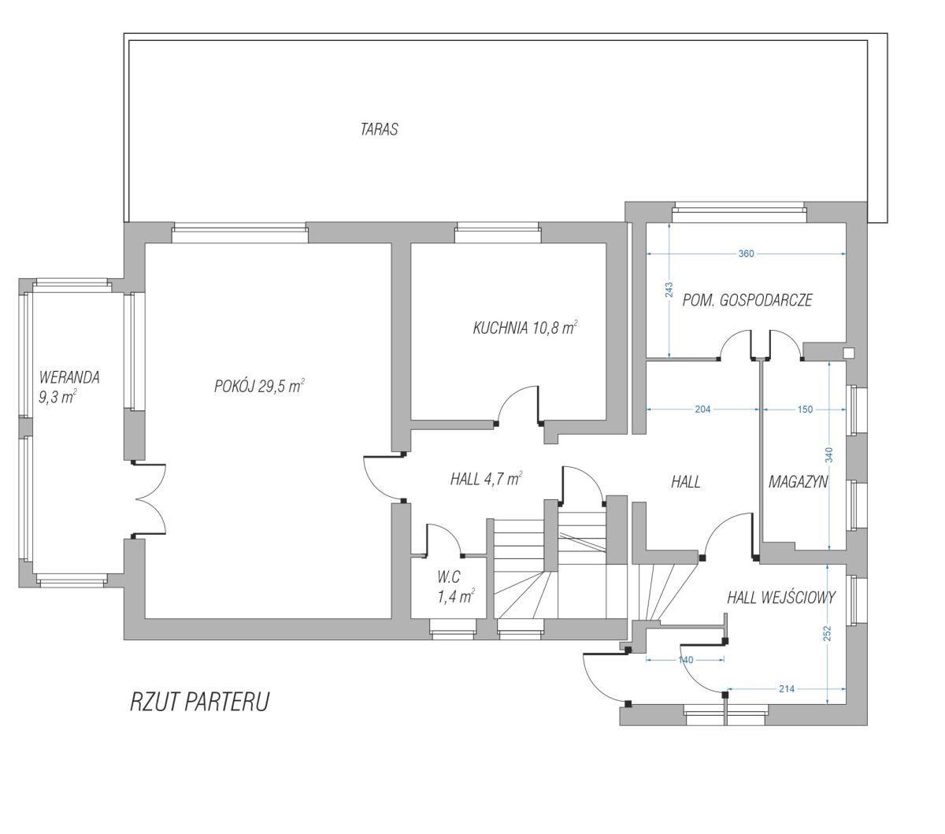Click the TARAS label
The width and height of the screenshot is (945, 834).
click(379, 129)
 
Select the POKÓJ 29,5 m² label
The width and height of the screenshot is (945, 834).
click(259, 386)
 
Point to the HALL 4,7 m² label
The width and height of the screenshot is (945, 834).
click(486, 479)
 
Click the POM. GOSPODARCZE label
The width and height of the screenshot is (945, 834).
click(747, 300)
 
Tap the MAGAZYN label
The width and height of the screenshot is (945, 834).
click(798, 481)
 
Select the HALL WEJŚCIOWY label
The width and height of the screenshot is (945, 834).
click(781, 598)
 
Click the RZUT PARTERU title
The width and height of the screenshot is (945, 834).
click(200, 702)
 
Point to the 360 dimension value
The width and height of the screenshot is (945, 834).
click(746, 254)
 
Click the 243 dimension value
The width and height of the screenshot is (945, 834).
click(669, 290)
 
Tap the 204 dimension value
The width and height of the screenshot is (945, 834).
click(702, 409)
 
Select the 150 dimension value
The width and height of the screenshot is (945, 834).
click(805, 409)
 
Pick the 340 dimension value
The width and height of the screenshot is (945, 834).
click(829, 454)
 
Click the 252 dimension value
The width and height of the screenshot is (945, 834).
click(828, 633)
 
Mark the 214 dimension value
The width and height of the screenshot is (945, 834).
click(787, 688)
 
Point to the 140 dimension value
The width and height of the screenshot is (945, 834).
click(685, 659)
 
